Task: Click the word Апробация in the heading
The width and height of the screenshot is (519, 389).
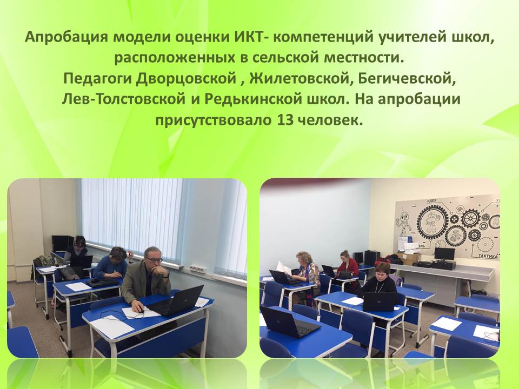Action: (66, 37)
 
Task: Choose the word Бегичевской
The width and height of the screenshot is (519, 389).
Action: (408, 78)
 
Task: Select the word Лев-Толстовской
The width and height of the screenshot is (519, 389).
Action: (123, 99)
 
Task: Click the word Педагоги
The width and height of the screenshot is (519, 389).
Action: (97, 79)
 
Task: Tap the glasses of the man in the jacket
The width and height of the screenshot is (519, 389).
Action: (154, 260)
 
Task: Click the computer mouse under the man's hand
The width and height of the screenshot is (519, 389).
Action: (141, 311)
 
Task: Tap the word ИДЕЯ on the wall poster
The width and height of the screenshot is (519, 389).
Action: (431, 200)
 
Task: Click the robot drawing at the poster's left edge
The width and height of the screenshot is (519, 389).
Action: (401, 224)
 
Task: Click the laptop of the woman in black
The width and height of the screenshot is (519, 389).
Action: (380, 301)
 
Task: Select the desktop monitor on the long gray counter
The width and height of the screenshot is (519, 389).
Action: (444, 254)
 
